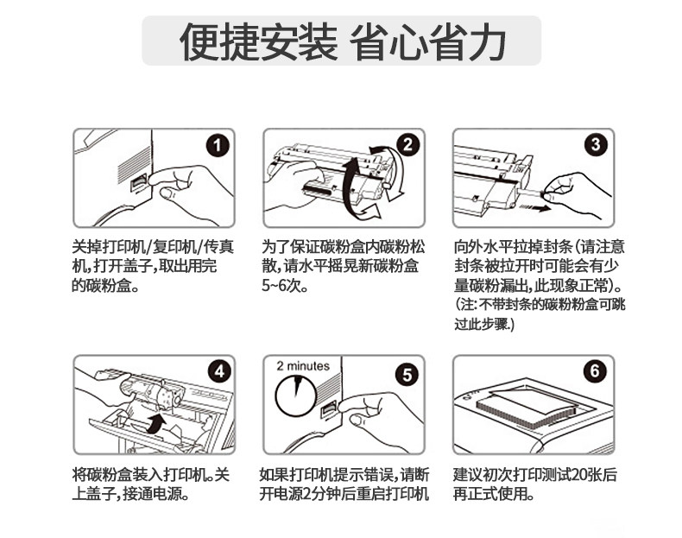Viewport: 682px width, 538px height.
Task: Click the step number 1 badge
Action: (x=218, y=145)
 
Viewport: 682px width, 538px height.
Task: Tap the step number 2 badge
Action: (x=407, y=144)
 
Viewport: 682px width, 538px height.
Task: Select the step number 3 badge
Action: (x=596, y=144)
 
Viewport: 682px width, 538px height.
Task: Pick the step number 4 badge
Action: (x=219, y=371)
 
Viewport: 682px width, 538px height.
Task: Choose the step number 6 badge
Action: (x=595, y=371)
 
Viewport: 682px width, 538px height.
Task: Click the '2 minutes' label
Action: (x=303, y=366)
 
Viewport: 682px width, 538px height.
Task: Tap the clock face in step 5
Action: (x=296, y=396)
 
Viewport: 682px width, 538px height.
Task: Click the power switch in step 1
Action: (x=139, y=182)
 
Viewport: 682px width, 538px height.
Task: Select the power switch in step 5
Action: (x=328, y=409)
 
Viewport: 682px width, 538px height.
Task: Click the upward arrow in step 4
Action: (x=155, y=423)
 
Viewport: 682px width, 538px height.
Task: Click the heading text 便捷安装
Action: (x=258, y=41)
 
